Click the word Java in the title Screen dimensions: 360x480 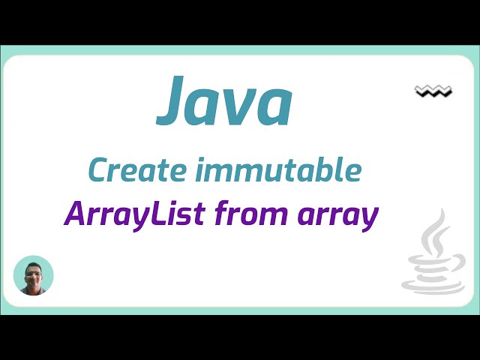(x=224, y=102)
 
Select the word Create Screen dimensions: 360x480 (x=132, y=171)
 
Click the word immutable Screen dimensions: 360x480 (x=278, y=171)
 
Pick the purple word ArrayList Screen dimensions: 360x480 (x=135, y=215)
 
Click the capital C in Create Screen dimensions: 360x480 (x=97, y=171)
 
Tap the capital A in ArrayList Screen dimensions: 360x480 (x=75, y=214)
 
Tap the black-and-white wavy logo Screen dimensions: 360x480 (x=433, y=91)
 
